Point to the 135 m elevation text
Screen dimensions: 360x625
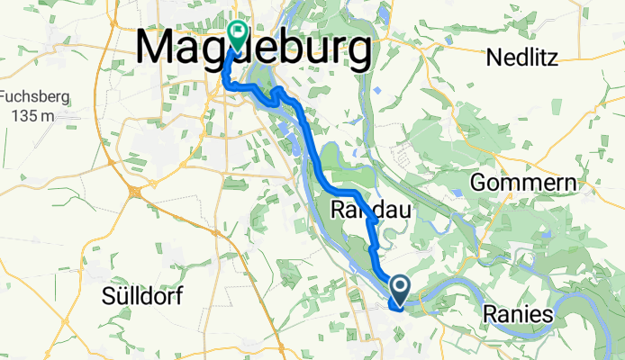point(32,115)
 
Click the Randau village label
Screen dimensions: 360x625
point(371,211)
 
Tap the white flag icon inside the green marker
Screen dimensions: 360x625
point(238,33)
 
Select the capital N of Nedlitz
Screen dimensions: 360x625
point(493,58)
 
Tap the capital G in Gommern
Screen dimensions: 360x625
point(478,184)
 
